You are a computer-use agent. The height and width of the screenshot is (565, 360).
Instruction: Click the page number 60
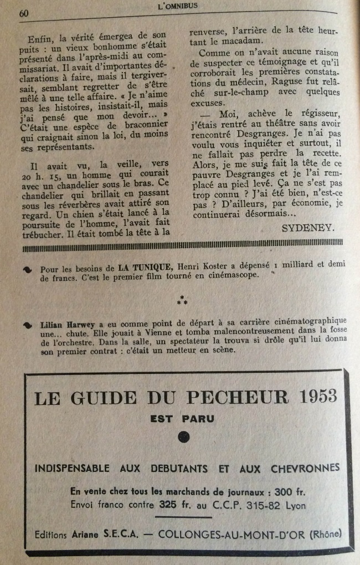click(x=24, y=13)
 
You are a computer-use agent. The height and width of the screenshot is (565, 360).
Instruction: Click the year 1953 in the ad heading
click(x=317, y=397)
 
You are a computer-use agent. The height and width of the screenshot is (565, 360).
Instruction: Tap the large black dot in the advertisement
click(x=183, y=438)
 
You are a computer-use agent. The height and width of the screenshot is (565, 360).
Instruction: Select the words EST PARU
click(x=183, y=419)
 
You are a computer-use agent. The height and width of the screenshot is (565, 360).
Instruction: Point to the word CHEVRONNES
click(x=304, y=469)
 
